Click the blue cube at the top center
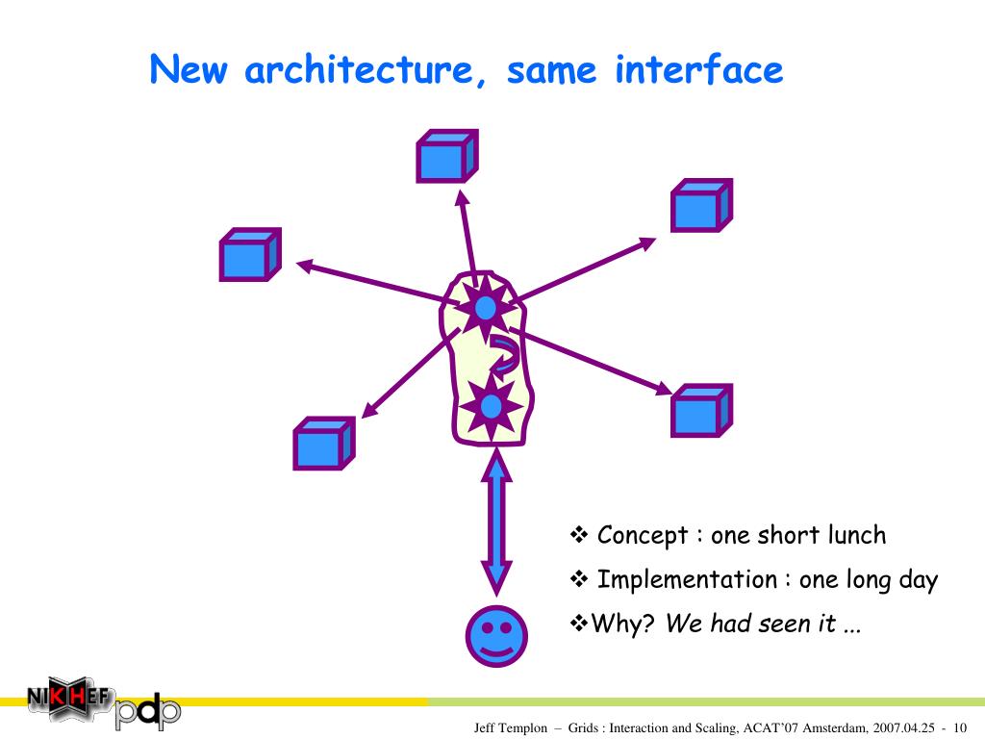point(445,157)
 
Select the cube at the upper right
point(700,206)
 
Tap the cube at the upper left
point(249,255)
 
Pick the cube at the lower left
point(323,444)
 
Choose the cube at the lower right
point(700,411)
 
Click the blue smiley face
point(496,635)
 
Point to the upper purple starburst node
point(485,308)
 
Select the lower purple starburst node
point(491,407)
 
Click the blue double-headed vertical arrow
point(496,524)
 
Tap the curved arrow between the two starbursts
point(504,354)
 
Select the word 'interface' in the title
point(698,70)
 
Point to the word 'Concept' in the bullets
point(643,535)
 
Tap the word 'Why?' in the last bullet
point(622,624)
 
